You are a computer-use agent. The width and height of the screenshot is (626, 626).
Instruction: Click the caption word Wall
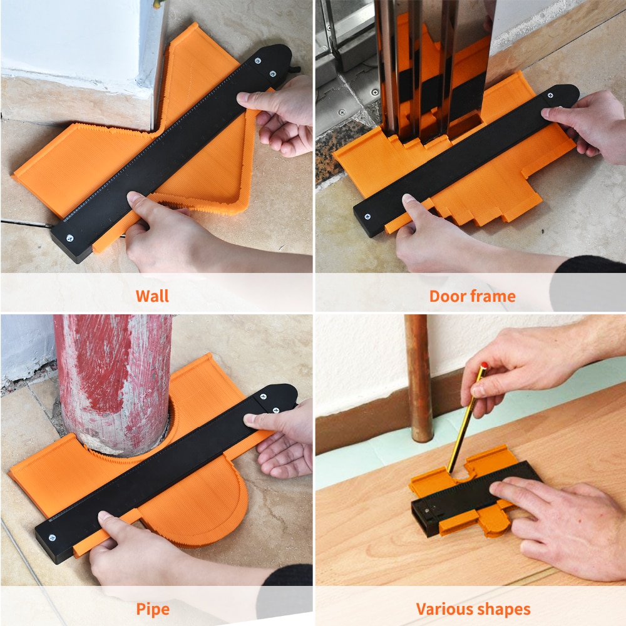152,295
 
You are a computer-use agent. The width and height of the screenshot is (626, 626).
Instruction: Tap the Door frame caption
472,295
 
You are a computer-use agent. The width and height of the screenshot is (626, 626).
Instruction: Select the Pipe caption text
152,608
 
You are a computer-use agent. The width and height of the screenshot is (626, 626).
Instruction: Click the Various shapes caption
473,608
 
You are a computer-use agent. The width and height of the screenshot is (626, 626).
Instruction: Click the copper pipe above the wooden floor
418,376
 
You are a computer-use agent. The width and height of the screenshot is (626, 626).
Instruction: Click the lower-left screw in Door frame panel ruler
367,217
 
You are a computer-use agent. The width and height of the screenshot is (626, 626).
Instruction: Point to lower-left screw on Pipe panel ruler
51,538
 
